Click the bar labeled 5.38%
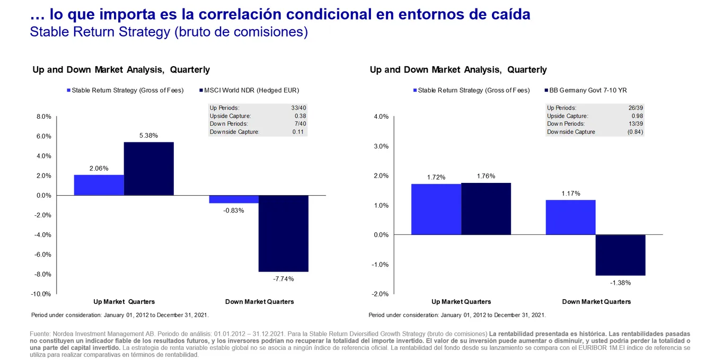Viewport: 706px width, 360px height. point(148,169)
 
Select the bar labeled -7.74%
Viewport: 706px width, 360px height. point(283,233)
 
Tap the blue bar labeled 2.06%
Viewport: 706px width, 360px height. point(99,185)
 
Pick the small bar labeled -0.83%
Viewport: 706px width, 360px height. point(233,199)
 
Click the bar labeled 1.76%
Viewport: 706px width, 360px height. point(486,209)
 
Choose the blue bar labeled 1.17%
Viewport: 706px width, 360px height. point(570,217)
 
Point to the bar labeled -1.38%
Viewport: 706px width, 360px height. point(620,255)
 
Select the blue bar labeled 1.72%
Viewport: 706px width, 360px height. point(436,209)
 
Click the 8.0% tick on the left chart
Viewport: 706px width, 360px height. point(43,117)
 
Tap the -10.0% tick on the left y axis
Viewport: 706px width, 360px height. point(41,294)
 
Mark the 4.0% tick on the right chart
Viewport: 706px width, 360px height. point(381,117)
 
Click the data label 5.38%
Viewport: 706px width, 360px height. point(148,136)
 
